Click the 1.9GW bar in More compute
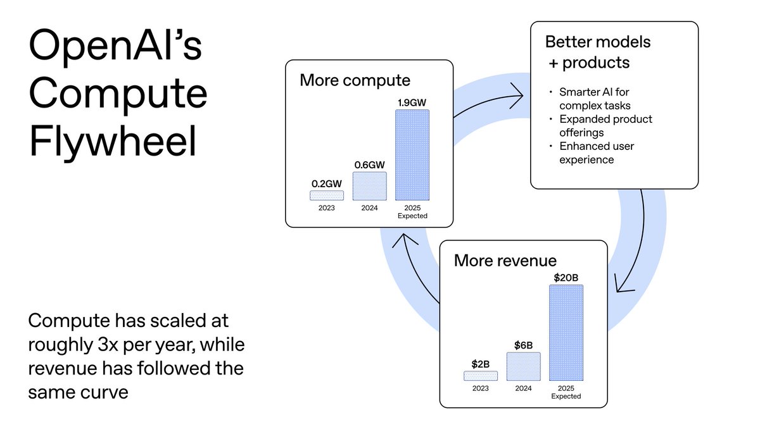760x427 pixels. [x=412, y=155]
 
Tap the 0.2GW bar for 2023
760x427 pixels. [x=327, y=195]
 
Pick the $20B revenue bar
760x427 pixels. [x=566, y=333]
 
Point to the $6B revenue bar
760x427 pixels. [x=523, y=366]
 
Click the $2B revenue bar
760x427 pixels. [x=481, y=376]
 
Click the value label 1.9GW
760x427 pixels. [x=412, y=102]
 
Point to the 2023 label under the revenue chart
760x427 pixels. [x=481, y=388]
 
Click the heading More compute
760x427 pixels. [x=355, y=80]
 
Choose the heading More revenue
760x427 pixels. [x=505, y=260]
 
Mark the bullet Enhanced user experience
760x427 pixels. [x=596, y=152]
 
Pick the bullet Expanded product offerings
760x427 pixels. [x=605, y=125]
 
